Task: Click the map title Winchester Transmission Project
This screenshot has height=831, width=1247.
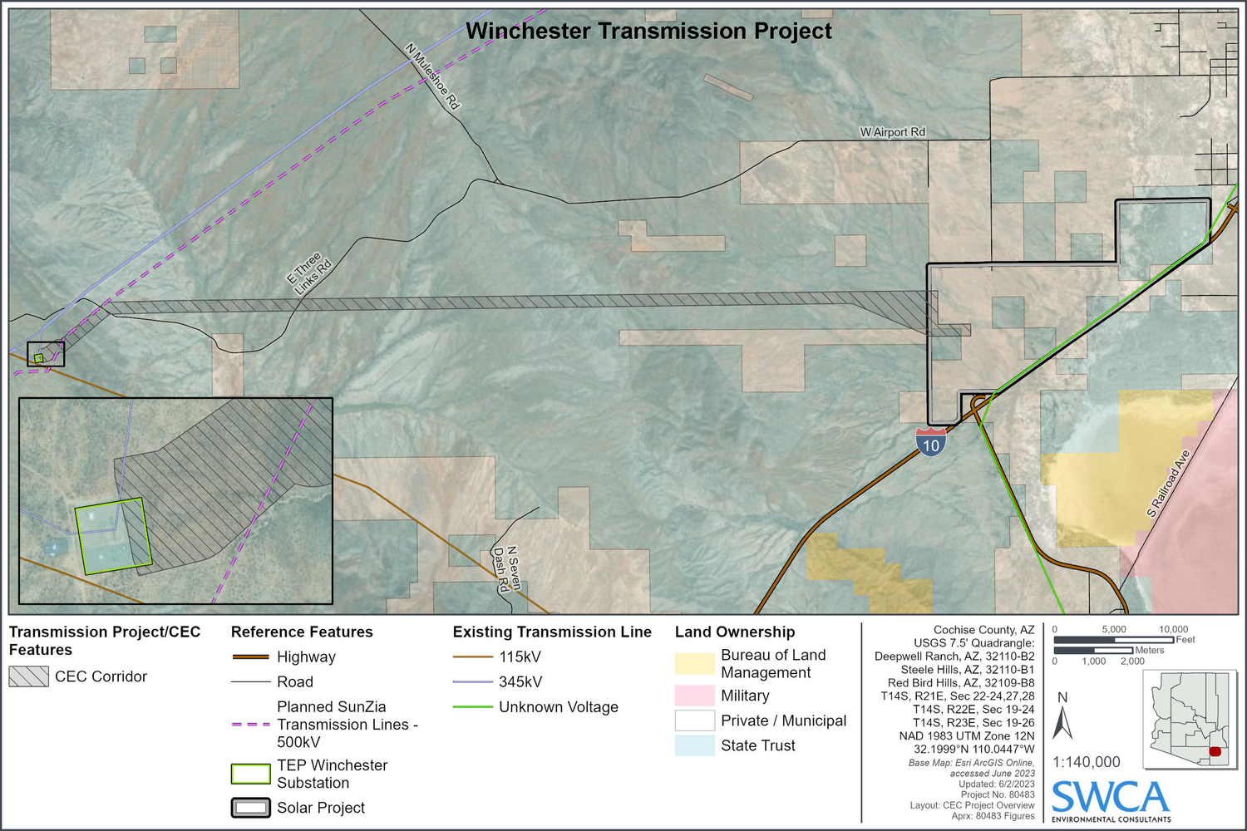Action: (x=648, y=32)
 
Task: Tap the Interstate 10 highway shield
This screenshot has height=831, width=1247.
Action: (x=931, y=444)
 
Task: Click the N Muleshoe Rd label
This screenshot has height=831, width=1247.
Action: (x=432, y=76)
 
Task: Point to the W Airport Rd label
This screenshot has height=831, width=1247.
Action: (x=892, y=132)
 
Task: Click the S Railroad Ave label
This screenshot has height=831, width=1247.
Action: (x=1169, y=484)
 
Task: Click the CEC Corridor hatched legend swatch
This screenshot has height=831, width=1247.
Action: (x=29, y=676)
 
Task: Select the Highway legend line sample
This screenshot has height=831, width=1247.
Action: (x=250, y=656)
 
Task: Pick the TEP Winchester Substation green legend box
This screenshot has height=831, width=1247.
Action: (x=250, y=774)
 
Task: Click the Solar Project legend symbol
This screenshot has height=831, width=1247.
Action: (x=250, y=808)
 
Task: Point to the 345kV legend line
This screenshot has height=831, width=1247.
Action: (x=472, y=682)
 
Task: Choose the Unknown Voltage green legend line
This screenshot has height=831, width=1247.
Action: (x=472, y=707)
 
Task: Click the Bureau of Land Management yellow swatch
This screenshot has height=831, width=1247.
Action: (x=694, y=663)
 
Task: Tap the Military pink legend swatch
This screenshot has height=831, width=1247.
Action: (x=694, y=696)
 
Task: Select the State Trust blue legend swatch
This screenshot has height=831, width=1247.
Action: (x=694, y=745)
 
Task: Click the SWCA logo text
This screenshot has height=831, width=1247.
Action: (x=1111, y=799)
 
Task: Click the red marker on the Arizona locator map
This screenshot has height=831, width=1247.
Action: (x=1215, y=751)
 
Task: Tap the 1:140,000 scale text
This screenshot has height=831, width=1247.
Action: (x=1086, y=762)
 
